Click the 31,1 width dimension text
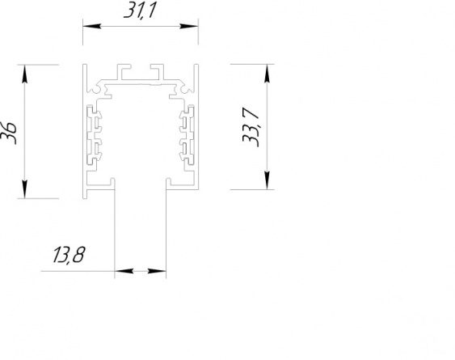pos(140,11)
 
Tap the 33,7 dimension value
pos(251,127)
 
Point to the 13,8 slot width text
pos(69,255)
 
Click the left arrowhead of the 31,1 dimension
pos(91,26)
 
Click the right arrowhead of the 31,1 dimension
pos(189,26)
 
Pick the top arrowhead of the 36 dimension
pos(25,74)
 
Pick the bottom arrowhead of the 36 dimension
pos(25,189)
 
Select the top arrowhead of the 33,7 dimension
pos(267,74)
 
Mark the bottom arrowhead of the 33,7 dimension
pos(267,180)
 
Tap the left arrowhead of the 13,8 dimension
pos(124,271)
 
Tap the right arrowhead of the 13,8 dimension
pos(157,271)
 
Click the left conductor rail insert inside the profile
pos(95,136)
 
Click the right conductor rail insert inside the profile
pos(187,136)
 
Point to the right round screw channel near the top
pos(186,91)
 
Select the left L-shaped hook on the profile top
pos(124,72)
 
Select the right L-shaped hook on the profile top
pos(157,72)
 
